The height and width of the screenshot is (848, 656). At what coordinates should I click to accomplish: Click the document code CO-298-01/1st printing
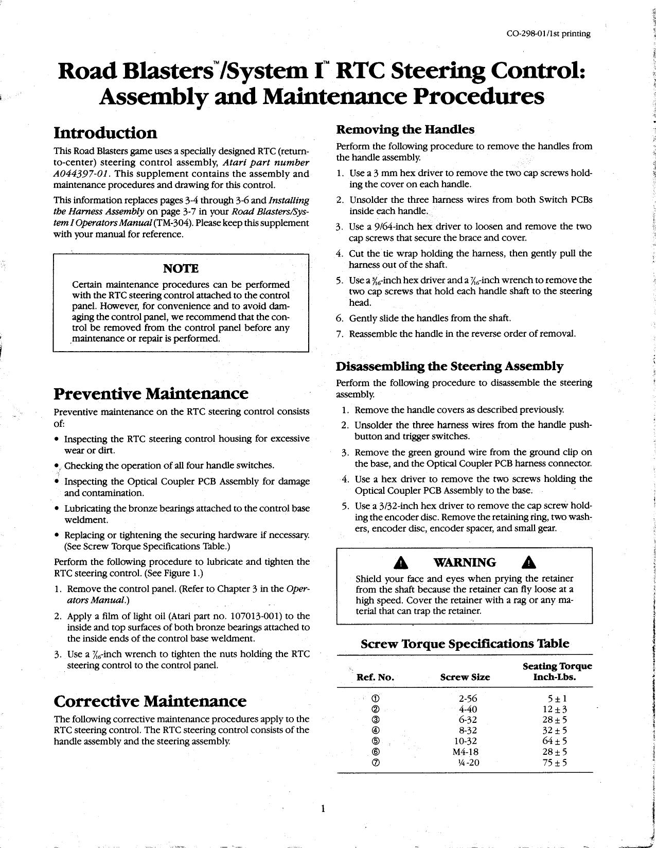coord(548,34)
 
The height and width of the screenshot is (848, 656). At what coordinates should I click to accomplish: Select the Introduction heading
coord(105,133)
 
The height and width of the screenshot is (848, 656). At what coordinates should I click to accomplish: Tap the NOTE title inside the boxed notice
coord(181,268)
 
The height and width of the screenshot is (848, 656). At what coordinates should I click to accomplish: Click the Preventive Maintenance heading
coord(151,394)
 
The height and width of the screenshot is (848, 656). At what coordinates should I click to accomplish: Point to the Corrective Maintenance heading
coord(150,701)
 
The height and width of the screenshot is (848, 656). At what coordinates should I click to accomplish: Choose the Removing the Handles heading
coord(405,129)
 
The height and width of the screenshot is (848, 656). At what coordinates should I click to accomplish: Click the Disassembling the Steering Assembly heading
coord(450,366)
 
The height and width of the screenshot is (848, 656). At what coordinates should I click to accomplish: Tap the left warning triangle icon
coord(400,563)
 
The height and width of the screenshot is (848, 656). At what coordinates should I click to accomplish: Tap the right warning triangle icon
coord(528,563)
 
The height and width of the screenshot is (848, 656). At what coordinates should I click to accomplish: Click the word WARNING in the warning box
coord(465,563)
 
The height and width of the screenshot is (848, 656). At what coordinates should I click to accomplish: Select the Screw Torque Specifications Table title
coord(465,644)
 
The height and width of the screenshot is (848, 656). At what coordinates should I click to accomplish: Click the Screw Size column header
coord(465,678)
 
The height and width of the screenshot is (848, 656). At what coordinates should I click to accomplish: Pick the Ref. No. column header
coord(375,678)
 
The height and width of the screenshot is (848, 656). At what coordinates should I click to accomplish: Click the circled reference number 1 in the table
coord(375,699)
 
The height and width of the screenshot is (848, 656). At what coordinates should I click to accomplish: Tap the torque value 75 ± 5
coord(554,763)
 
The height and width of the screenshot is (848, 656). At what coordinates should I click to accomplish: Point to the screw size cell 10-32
coord(468,741)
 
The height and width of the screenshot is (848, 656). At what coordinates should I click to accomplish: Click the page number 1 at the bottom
coord(323,809)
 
